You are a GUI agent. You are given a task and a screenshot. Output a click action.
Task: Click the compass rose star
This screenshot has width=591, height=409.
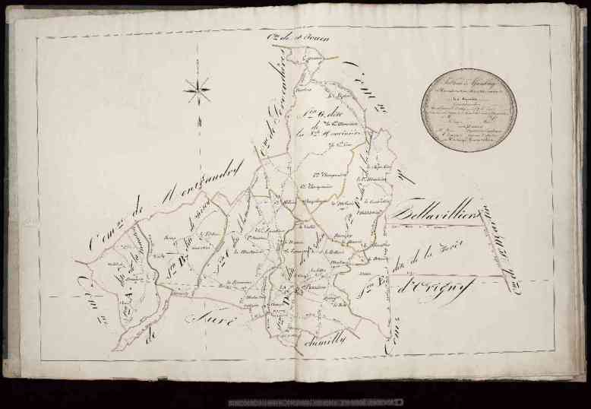198,90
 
